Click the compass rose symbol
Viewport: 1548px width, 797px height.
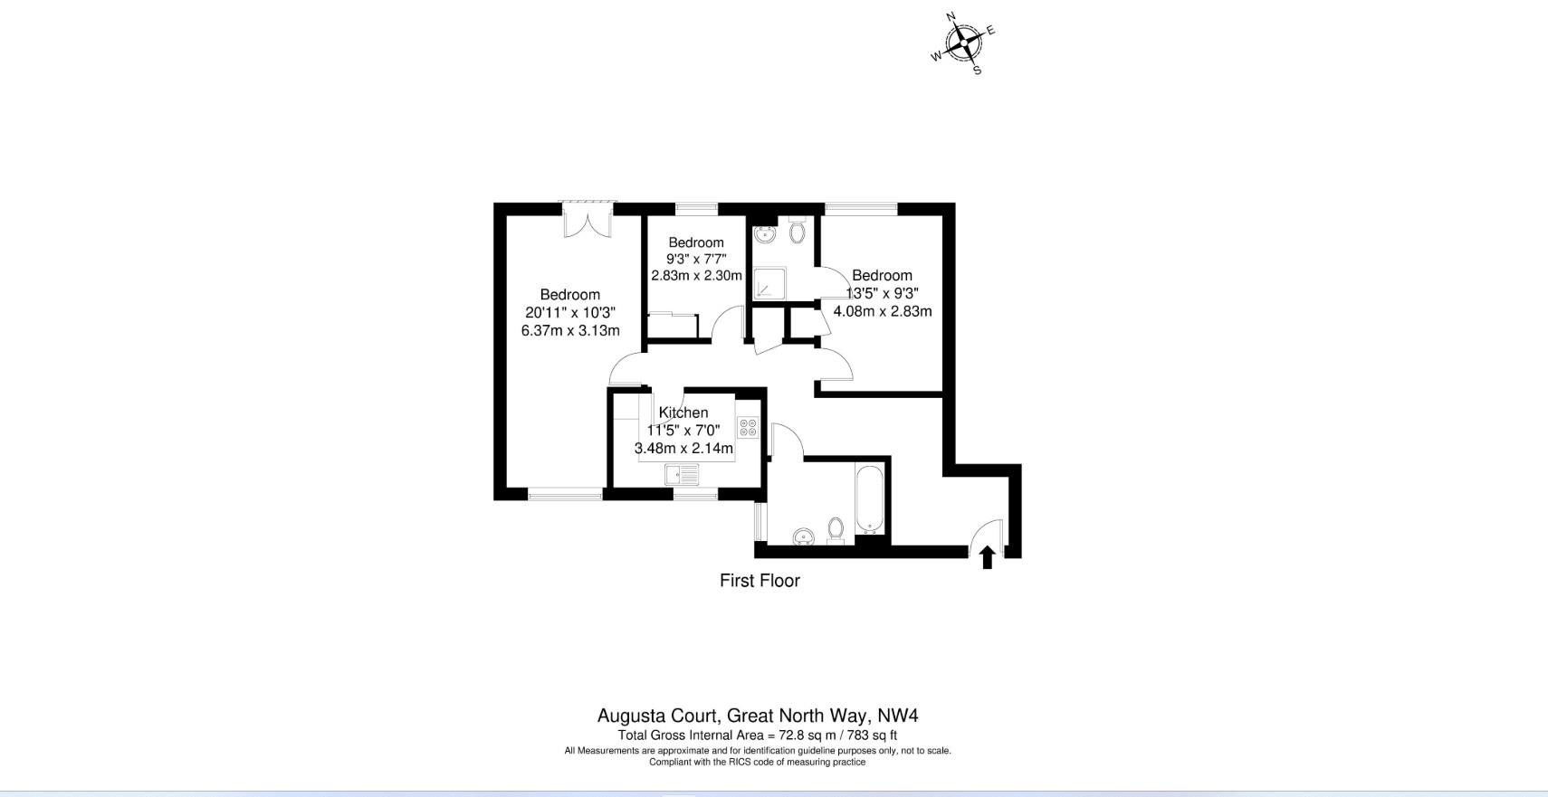tap(963, 43)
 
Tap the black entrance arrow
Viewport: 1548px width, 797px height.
tap(988, 556)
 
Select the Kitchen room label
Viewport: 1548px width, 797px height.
tap(683, 413)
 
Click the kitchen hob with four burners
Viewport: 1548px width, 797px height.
tap(748, 428)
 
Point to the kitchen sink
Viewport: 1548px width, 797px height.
tap(682, 474)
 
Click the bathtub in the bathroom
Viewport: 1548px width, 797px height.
tap(869, 499)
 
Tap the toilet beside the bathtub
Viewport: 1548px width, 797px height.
tap(836, 531)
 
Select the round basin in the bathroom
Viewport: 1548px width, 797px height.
tap(804, 536)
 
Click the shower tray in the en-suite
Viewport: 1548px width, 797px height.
tap(769, 283)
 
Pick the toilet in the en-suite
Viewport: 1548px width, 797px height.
tap(797, 230)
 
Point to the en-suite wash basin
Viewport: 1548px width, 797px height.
tap(764, 234)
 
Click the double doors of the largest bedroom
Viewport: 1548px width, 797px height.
tap(588, 220)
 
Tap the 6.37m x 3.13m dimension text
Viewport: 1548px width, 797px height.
tap(570, 331)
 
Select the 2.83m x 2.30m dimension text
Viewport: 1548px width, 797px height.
tap(697, 276)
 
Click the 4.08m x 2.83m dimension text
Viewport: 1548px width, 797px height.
tap(883, 311)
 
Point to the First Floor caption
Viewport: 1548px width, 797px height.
tap(760, 581)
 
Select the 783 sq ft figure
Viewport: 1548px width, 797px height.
tap(872, 736)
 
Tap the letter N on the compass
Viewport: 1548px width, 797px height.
tap(951, 16)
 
